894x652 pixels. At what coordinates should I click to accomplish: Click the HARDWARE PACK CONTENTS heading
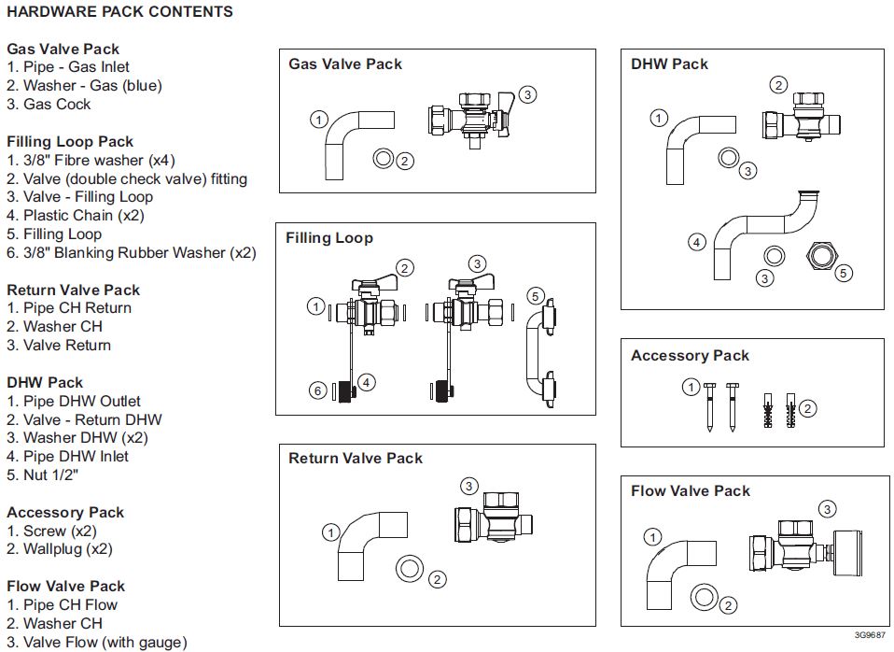click(x=119, y=12)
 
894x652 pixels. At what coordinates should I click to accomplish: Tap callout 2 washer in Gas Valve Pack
click(x=384, y=160)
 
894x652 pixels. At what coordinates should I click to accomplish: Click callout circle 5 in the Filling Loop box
click(x=535, y=296)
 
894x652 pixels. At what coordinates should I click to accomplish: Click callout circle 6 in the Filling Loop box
click(x=318, y=390)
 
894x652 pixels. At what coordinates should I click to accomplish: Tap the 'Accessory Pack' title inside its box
click(x=690, y=356)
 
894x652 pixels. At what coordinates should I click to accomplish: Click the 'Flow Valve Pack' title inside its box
click(x=690, y=491)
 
